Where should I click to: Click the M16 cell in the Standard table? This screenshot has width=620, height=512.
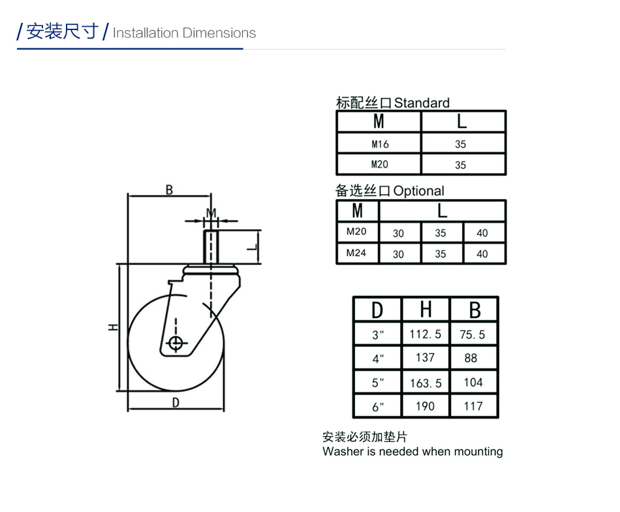click(380, 144)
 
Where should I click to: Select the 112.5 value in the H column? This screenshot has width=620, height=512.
click(425, 334)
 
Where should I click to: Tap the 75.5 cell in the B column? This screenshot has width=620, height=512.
click(472, 335)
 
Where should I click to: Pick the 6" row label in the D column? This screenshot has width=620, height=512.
click(378, 407)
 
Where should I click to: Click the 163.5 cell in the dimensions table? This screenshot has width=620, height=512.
click(426, 383)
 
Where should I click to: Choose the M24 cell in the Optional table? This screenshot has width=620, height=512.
click(356, 253)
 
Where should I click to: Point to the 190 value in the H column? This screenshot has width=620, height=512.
click(425, 406)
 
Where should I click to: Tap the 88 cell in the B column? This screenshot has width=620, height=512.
click(471, 358)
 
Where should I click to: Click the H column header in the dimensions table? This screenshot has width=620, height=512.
click(426, 309)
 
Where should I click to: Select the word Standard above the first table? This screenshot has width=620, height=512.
click(422, 103)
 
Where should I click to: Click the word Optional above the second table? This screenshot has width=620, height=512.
click(419, 191)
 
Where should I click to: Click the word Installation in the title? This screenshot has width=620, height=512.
click(146, 33)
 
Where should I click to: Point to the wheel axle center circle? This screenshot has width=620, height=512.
click(176, 343)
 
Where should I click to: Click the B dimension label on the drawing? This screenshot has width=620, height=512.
click(169, 190)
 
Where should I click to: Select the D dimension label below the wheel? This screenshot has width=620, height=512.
click(176, 403)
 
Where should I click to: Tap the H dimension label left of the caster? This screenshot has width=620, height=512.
click(114, 327)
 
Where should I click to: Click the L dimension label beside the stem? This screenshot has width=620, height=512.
click(253, 248)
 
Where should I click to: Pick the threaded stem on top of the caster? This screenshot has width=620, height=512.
click(211, 246)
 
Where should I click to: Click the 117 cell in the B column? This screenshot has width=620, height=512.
click(473, 406)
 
